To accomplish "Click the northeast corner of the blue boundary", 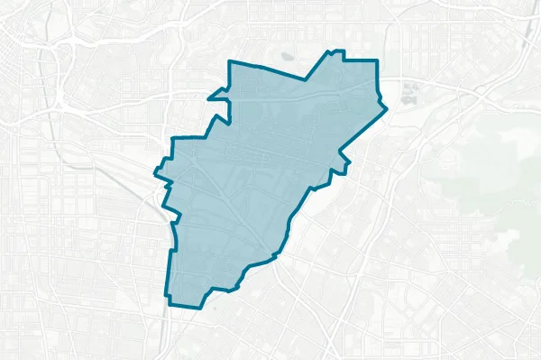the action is (x=376, y=60).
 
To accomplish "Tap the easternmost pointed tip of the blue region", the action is (x=387, y=109).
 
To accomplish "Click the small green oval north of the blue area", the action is (x=288, y=56).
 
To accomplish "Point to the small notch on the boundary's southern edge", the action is (x=234, y=289).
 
